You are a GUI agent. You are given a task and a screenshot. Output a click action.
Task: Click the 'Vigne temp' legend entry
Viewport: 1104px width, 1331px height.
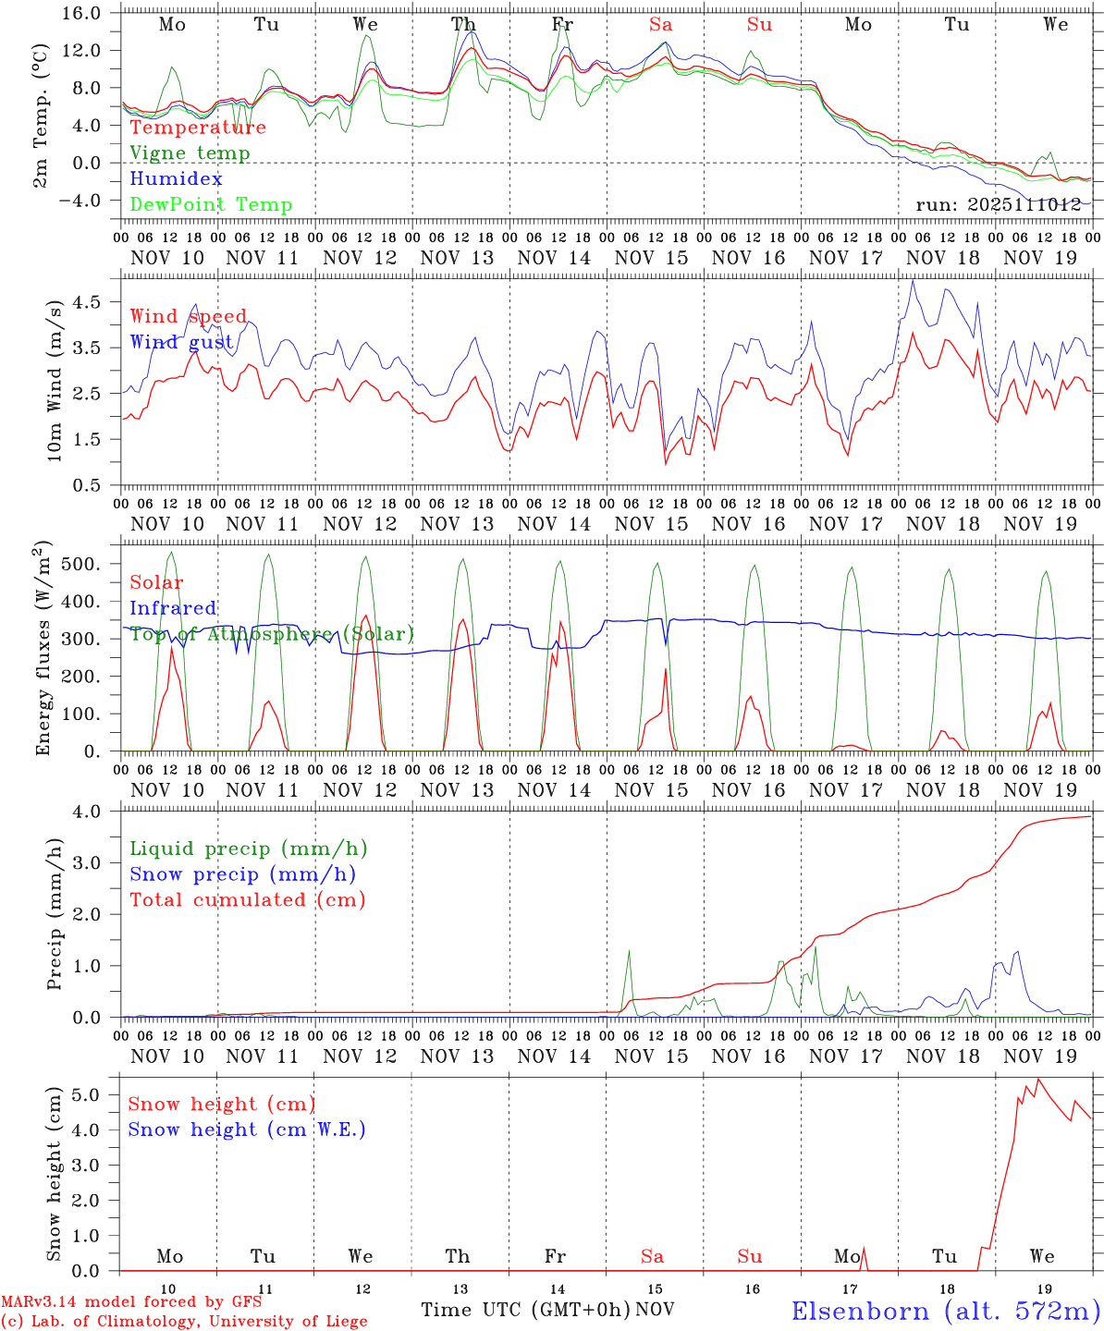pyautogui.click(x=190, y=153)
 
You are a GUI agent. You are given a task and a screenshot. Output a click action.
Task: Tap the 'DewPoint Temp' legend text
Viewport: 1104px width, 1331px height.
pyautogui.click(x=211, y=204)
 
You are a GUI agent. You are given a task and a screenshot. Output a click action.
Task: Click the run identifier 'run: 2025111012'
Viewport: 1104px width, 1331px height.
pyautogui.click(x=999, y=204)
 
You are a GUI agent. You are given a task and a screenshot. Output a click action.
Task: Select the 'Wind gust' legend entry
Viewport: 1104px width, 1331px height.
pyautogui.click(x=181, y=342)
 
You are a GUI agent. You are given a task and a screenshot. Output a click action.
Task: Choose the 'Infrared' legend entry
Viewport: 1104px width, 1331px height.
pyautogui.click(x=173, y=608)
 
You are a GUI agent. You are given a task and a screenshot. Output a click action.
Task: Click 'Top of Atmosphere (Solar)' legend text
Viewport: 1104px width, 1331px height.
pyautogui.click(x=272, y=634)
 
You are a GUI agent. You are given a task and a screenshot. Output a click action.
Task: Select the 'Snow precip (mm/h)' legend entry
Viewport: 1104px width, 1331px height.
pyautogui.click(x=242, y=874)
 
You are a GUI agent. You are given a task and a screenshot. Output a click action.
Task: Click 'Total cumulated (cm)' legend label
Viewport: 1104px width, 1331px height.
pyautogui.click(x=247, y=899)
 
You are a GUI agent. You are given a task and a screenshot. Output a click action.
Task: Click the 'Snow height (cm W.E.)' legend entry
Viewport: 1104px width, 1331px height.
pyautogui.click(x=247, y=1130)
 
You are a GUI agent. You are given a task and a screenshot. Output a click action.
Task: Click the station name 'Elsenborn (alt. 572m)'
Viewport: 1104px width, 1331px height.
pyautogui.click(x=945, y=1311)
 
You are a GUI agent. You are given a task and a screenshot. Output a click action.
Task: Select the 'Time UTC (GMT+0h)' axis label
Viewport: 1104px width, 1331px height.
pyautogui.click(x=525, y=1310)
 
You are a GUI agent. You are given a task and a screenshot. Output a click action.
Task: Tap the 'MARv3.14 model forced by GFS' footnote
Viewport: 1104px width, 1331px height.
pyautogui.click(x=131, y=1302)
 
